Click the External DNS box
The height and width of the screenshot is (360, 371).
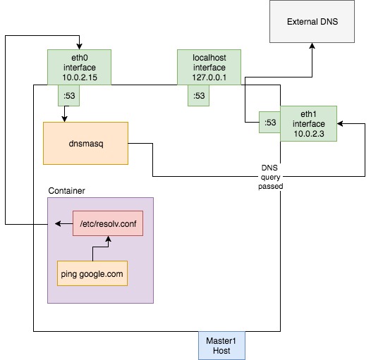312,23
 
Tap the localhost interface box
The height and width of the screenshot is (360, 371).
209,67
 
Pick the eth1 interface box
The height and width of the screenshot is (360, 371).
308,123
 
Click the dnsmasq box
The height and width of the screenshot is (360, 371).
85,143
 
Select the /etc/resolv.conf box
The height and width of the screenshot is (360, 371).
108,223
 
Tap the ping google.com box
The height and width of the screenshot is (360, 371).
92,273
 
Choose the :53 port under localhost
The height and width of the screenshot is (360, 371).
198,95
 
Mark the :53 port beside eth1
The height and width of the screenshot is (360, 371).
269,123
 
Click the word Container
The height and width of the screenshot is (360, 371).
67,191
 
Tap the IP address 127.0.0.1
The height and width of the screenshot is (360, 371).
209,77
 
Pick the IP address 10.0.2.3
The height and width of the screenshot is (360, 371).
308,134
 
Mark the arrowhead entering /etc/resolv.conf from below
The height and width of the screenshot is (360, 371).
108,239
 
